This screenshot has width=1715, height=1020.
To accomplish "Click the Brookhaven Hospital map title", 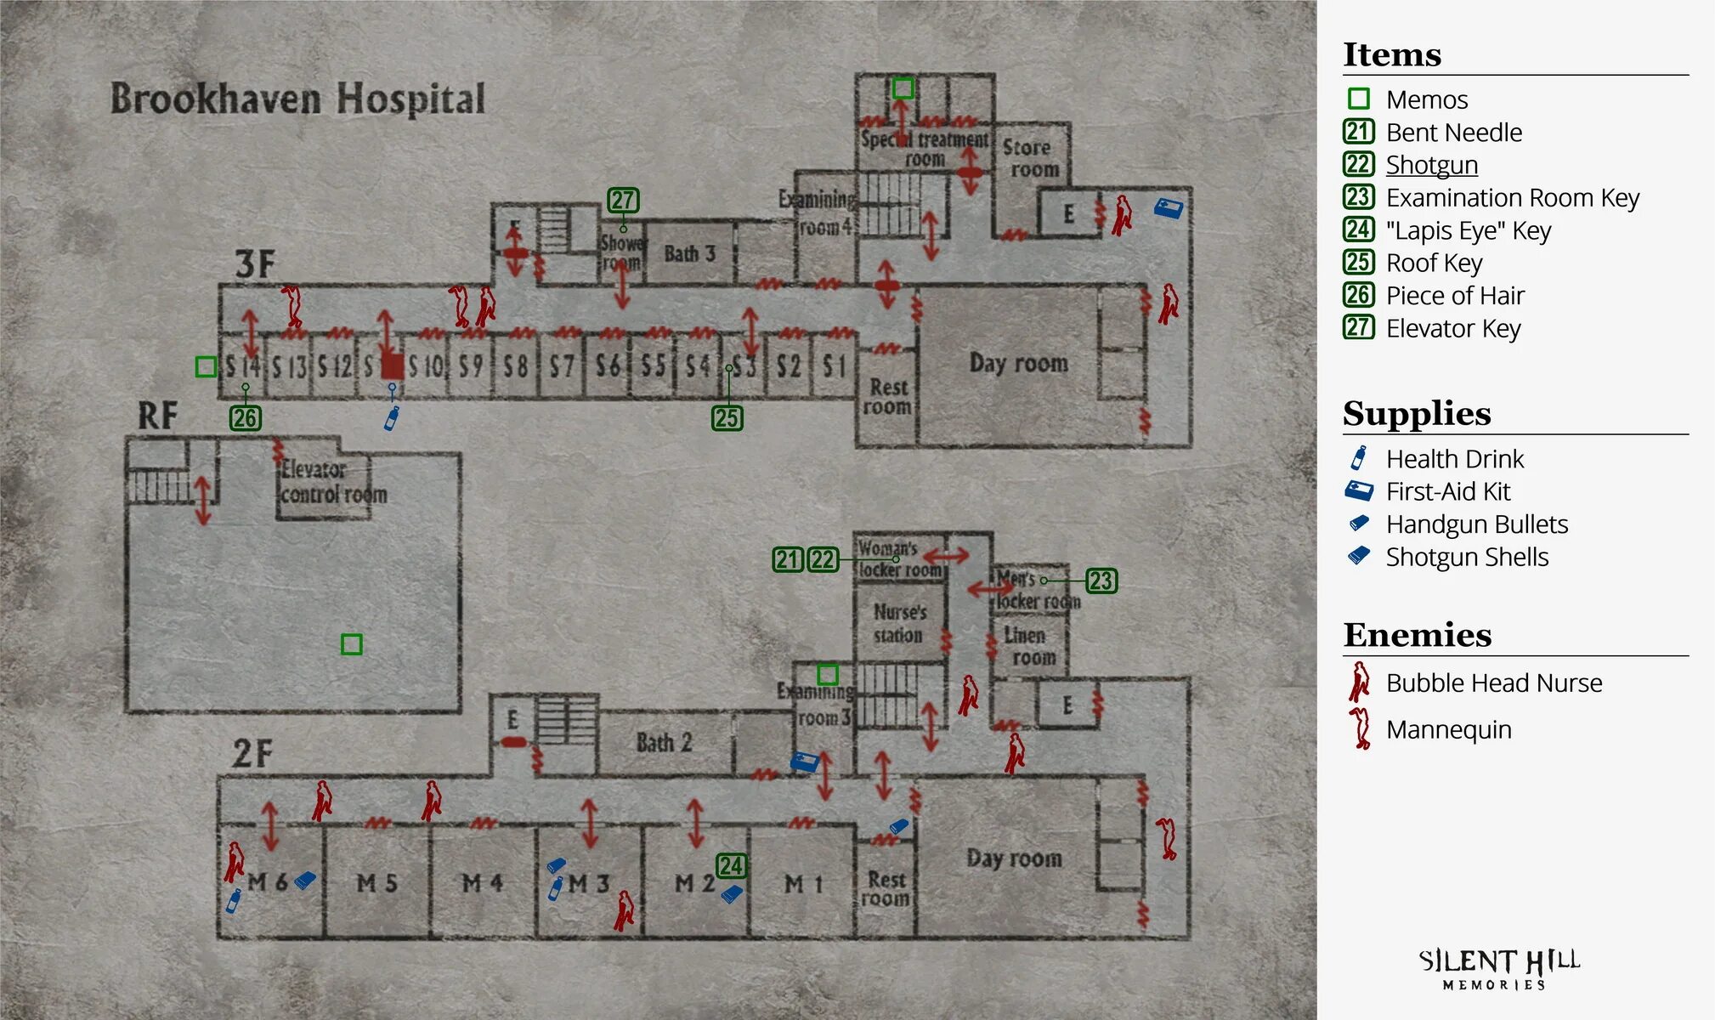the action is [x=297, y=99].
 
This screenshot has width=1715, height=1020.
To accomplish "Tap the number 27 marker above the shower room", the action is [x=623, y=201].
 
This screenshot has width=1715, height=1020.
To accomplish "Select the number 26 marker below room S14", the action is [x=245, y=418].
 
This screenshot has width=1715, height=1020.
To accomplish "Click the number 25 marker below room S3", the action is [x=727, y=418].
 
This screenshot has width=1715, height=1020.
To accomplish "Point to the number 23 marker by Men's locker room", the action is [x=1101, y=581].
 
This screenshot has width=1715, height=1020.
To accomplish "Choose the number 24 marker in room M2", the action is [x=731, y=866].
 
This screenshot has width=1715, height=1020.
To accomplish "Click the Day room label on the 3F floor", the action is [x=1018, y=364].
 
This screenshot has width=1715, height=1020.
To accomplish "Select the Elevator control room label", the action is [x=332, y=482].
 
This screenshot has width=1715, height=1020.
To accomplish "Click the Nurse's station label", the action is [x=899, y=623].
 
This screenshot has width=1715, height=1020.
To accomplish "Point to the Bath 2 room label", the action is [x=664, y=743].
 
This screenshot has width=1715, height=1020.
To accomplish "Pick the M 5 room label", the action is [x=376, y=884].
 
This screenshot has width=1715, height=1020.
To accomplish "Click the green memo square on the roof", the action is [x=351, y=644].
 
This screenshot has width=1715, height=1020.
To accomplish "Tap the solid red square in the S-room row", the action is [x=392, y=366].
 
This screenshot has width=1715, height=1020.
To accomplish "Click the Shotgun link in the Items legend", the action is [x=1431, y=165].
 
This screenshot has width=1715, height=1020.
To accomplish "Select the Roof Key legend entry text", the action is [x=1434, y=263].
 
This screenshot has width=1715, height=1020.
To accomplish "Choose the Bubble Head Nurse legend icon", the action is [x=1359, y=682].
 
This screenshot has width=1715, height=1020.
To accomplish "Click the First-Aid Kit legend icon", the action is [x=1358, y=491].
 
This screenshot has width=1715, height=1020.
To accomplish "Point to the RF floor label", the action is [x=158, y=416].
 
